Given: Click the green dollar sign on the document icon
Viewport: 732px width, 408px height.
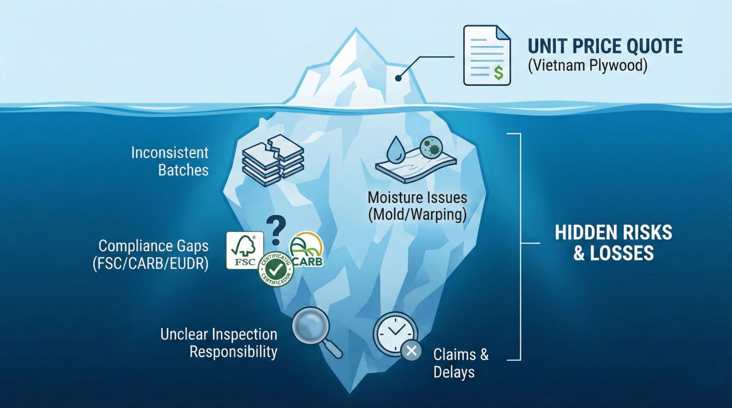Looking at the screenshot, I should point(498,73).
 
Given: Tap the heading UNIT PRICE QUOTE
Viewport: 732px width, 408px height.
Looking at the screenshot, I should point(605,47).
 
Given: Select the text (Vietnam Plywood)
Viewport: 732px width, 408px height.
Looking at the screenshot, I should point(588,66).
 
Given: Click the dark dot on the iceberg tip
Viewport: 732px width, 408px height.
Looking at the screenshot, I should point(398,79).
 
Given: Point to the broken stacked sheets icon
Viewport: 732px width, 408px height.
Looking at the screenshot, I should point(272,160).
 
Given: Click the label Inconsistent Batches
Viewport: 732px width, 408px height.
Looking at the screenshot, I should point(170,161).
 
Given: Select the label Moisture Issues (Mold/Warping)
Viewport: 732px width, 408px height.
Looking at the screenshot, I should point(417,206).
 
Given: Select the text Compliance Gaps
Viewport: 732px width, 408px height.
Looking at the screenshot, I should point(153,246).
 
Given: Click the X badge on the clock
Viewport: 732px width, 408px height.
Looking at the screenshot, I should point(411,351).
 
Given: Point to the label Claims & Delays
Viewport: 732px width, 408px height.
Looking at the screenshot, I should point(460,363).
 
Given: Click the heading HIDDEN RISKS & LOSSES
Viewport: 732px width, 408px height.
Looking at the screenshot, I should point(614,243).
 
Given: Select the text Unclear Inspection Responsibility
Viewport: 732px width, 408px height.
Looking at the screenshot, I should point(219,343).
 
